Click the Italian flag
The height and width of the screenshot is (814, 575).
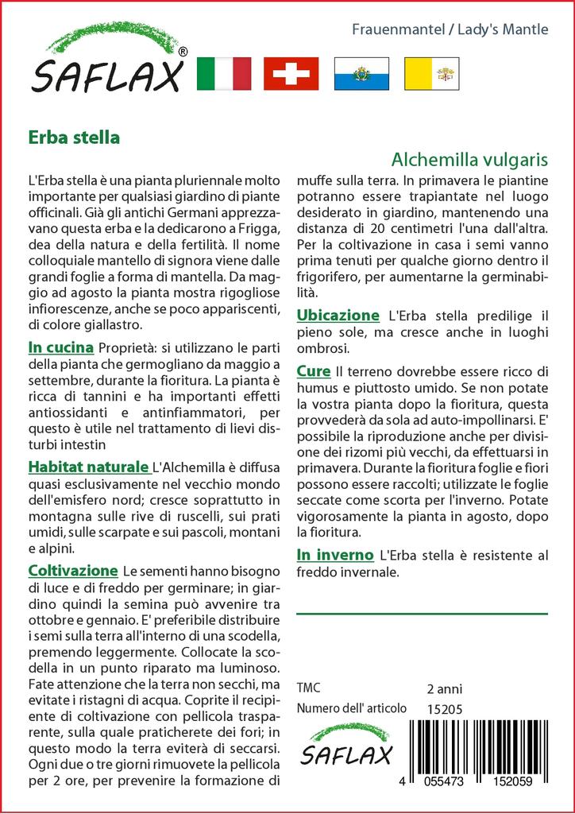pyautogui.click(x=222, y=74)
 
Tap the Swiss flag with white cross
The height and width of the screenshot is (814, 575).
pyautogui.click(x=291, y=74)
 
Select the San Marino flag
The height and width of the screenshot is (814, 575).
pyautogui.click(x=361, y=74)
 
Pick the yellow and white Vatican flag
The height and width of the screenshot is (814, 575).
pyautogui.click(x=429, y=74)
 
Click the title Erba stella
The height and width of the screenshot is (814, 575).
pyautogui.click(x=73, y=137)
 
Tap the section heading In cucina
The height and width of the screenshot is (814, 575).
pyautogui.click(x=61, y=347)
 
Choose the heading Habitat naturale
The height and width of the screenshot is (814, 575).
pyautogui.click(x=88, y=467)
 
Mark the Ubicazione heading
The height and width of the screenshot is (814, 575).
pyautogui.click(x=338, y=316)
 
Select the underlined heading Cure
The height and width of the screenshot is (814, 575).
pyautogui.click(x=314, y=371)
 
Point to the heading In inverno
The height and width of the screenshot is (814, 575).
pyautogui.click(x=334, y=554)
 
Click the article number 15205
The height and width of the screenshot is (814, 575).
pyautogui.click(x=444, y=708)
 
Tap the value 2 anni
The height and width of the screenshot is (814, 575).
pyautogui.click(x=444, y=688)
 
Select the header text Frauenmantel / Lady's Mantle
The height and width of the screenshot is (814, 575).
pyautogui.click(x=450, y=30)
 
